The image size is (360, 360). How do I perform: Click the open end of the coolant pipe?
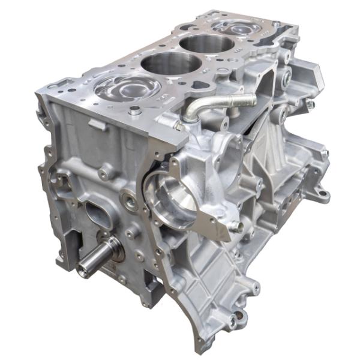click(252, 99)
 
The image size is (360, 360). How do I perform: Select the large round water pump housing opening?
click(178, 199)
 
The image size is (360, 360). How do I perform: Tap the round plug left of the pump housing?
click(129, 200)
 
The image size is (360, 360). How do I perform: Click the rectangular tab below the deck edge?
click(96, 124)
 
